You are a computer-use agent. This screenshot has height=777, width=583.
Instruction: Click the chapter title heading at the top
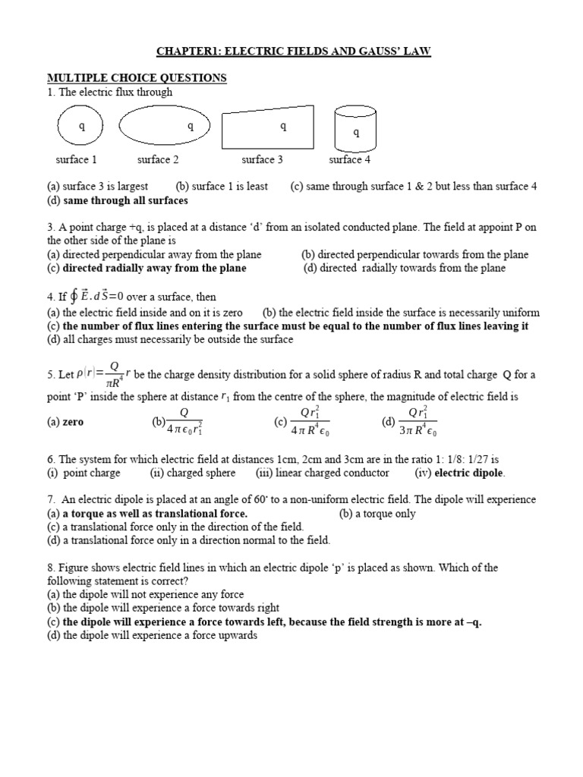pos(293,51)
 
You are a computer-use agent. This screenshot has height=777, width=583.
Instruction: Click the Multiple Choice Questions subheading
pos(137,78)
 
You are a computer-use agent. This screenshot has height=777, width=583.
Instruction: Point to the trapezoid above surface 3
pos(267,127)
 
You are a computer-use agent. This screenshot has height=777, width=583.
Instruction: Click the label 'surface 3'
pos(263,159)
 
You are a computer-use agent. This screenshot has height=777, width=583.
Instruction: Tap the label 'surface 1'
pos(76,159)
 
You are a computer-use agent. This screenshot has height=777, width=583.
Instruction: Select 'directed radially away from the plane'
pos(154,268)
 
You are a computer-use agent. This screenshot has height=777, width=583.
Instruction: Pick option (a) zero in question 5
pos(73,423)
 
